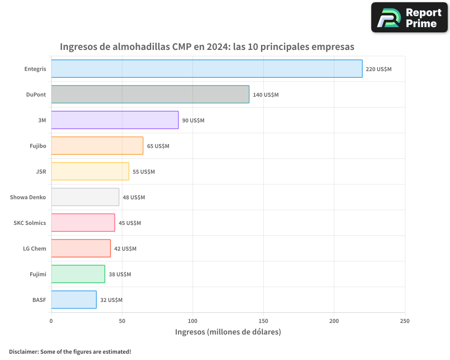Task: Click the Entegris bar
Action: point(207,69)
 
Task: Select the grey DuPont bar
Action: point(150,94)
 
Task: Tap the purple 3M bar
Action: point(115,120)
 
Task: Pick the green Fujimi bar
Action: point(78,274)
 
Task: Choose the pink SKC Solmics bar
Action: point(83,223)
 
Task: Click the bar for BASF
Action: point(74,300)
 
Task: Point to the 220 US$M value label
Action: point(378,69)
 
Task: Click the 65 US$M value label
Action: point(158,146)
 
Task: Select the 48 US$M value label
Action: point(134,198)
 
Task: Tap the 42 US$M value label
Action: point(125,249)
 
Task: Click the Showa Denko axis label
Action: point(28,197)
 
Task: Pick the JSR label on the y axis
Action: point(41,171)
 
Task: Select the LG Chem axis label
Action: point(35,248)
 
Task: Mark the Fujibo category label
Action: point(37,146)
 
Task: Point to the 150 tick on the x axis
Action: point(263,321)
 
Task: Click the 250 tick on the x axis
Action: point(405,321)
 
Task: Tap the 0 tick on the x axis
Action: point(51,321)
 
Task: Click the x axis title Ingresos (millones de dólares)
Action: point(228,332)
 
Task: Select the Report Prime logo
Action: point(409,18)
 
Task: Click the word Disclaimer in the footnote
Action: point(23,351)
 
